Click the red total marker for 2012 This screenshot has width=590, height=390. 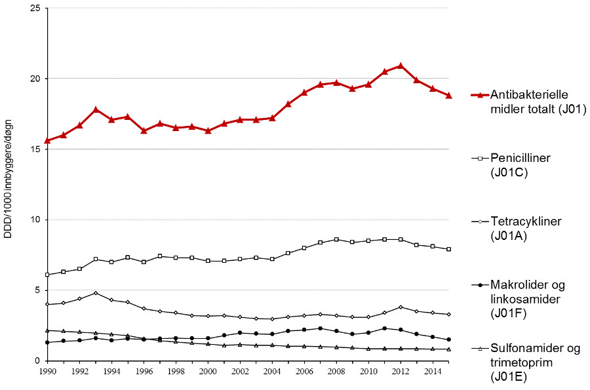tap(401, 66)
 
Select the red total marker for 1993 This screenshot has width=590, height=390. tap(96, 109)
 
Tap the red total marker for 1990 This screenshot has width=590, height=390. tap(48, 140)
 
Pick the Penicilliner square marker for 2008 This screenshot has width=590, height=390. tap(336, 239)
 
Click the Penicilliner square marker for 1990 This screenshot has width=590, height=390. tap(48, 275)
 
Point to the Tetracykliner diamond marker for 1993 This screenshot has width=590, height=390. tap(96, 293)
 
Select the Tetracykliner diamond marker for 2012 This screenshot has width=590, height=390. tap(401, 307)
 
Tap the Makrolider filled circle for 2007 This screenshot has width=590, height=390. tap(321, 328)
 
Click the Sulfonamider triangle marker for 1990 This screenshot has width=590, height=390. tap(48, 330)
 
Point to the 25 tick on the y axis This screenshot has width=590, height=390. tap(36, 8)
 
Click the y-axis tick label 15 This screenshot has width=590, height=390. tap(36, 149)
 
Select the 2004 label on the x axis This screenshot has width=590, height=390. tap(272, 371)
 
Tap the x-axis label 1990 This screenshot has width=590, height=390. tap(48, 371)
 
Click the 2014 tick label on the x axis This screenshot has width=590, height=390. tap(432, 371)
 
